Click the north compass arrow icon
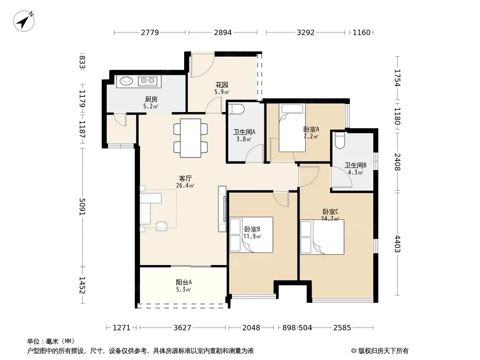click(23, 21)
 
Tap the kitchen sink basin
click(126, 81)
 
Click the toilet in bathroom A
click(236, 109)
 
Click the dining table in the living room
click(190, 138)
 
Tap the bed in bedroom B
click(251, 234)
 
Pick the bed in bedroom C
click(322, 237)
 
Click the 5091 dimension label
click(82, 207)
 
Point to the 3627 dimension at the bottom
click(182, 328)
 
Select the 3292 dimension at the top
click(305, 32)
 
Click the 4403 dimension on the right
click(397, 243)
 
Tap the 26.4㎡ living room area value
click(185, 185)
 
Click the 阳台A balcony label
click(184, 282)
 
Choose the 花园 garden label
click(222, 85)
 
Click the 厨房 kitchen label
click(151, 99)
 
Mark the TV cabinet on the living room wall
click(222, 209)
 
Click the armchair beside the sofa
click(162, 226)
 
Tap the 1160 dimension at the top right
click(362, 32)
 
